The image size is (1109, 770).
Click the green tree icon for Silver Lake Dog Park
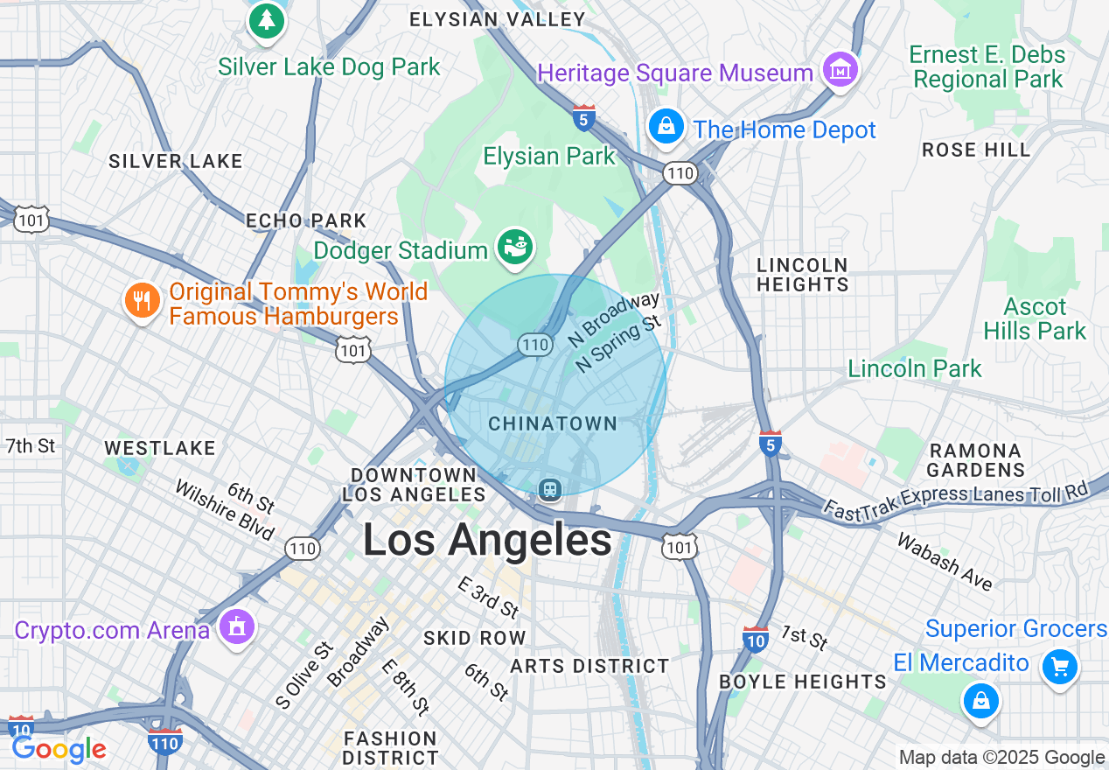[x=267, y=19]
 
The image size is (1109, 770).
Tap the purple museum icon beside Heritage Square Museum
[x=840, y=68]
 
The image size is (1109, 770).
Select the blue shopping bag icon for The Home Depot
[x=666, y=127]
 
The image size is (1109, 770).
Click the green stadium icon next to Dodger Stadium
[x=515, y=248]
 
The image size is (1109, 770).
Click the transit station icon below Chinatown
[x=550, y=489]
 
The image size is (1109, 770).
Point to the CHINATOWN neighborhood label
[x=553, y=423]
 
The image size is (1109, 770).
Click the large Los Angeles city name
[x=487, y=540]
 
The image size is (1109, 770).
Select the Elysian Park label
[x=549, y=157]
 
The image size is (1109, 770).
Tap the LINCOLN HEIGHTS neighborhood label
[x=802, y=275]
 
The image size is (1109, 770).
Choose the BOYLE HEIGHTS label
[x=803, y=681]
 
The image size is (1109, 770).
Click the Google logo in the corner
[x=59, y=749]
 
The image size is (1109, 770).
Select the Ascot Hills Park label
[x=1035, y=318]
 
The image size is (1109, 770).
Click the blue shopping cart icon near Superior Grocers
[x=1060, y=668]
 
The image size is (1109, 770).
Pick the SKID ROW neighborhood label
[x=475, y=638]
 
